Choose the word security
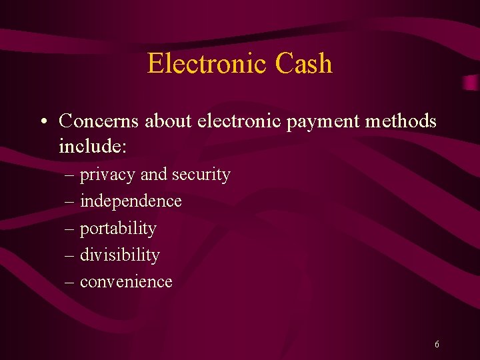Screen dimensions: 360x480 [x=201, y=175]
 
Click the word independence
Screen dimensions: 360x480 [x=131, y=201]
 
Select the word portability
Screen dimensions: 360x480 [x=118, y=229]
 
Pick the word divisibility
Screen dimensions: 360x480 [x=120, y=255]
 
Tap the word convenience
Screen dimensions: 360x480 [x=126, y=282]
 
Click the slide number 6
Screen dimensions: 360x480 [x=437, y=345]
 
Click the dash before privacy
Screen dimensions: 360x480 [x=70, y=175]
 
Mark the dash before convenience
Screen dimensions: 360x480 [x=70, y=282]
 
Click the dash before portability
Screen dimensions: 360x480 [x=70, y=229]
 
